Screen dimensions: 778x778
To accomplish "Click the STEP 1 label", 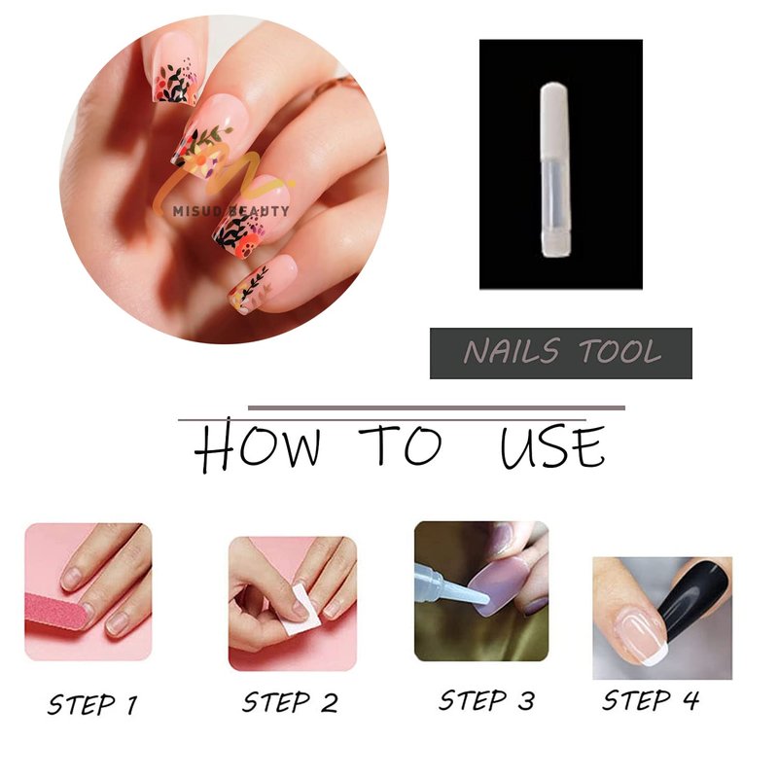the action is [92, 704].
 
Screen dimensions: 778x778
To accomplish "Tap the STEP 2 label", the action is [290, 702].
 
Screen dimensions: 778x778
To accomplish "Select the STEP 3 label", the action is [486, 700].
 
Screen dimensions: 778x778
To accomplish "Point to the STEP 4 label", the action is [650, 700].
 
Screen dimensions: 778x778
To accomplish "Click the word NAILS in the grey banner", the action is [512, 351].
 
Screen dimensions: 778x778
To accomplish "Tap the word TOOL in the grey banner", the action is [619, 351].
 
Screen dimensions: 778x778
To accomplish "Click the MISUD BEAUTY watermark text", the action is [230, 211].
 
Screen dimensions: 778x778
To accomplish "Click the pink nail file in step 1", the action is [56, 612].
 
